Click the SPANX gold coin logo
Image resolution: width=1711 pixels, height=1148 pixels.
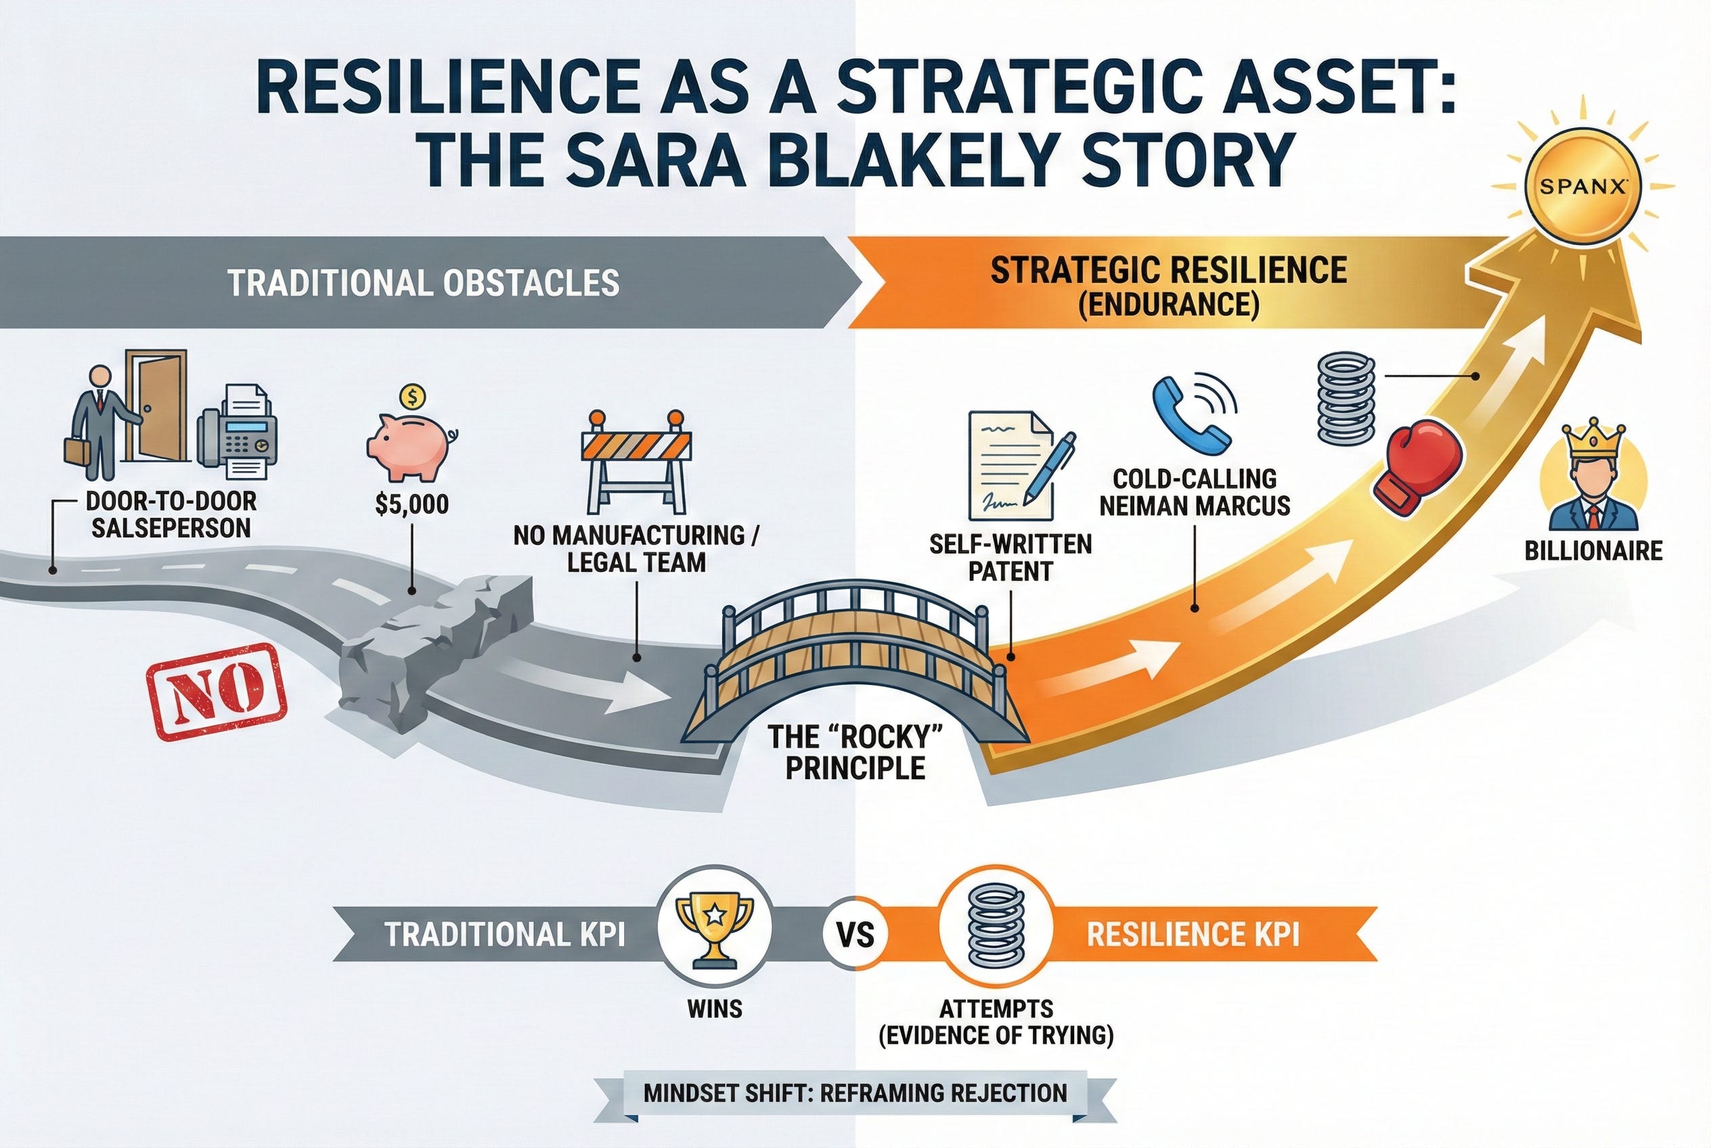1582,187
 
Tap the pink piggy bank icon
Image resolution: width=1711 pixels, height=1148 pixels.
409,447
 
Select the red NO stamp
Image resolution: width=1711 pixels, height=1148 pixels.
217,692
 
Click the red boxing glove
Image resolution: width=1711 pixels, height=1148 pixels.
1416,469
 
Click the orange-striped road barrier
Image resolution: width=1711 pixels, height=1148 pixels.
636,460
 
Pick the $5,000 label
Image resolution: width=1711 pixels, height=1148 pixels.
412,504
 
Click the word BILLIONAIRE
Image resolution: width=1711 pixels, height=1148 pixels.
1593,550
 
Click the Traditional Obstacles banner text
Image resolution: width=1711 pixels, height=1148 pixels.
423,284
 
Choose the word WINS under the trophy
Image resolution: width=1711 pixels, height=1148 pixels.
715,1009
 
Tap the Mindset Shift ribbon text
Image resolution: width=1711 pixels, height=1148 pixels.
855,1094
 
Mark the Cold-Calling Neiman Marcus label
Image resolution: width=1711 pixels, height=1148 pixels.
1194,492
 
